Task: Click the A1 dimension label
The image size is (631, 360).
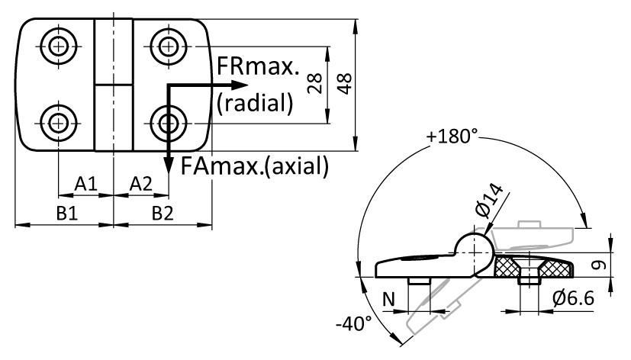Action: [86, 184]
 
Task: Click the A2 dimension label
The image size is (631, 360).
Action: [141, 184]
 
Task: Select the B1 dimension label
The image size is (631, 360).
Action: [67, 214]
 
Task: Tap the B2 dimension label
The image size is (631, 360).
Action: [163, 214]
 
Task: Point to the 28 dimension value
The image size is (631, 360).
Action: [314, 83]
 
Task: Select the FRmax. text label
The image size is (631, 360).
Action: [258, 66]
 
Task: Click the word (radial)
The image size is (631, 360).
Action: [255, 103]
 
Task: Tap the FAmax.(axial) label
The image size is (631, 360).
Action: [255, 166]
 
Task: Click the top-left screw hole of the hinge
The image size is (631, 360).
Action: [59, 47]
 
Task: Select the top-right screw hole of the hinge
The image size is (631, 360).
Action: [168, 47]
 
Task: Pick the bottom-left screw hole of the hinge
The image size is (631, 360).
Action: [59, 123]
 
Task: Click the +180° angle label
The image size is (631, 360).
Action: [452, 137]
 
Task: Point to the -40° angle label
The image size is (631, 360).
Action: [354, 323]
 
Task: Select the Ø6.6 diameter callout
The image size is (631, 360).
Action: [573, 298]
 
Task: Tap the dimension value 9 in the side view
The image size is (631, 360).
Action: [600, 265]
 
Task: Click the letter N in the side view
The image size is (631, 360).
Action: [388, 300]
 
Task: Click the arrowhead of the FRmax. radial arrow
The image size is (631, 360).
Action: [240, 85]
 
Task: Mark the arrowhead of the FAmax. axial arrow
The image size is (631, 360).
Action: [169, 166]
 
